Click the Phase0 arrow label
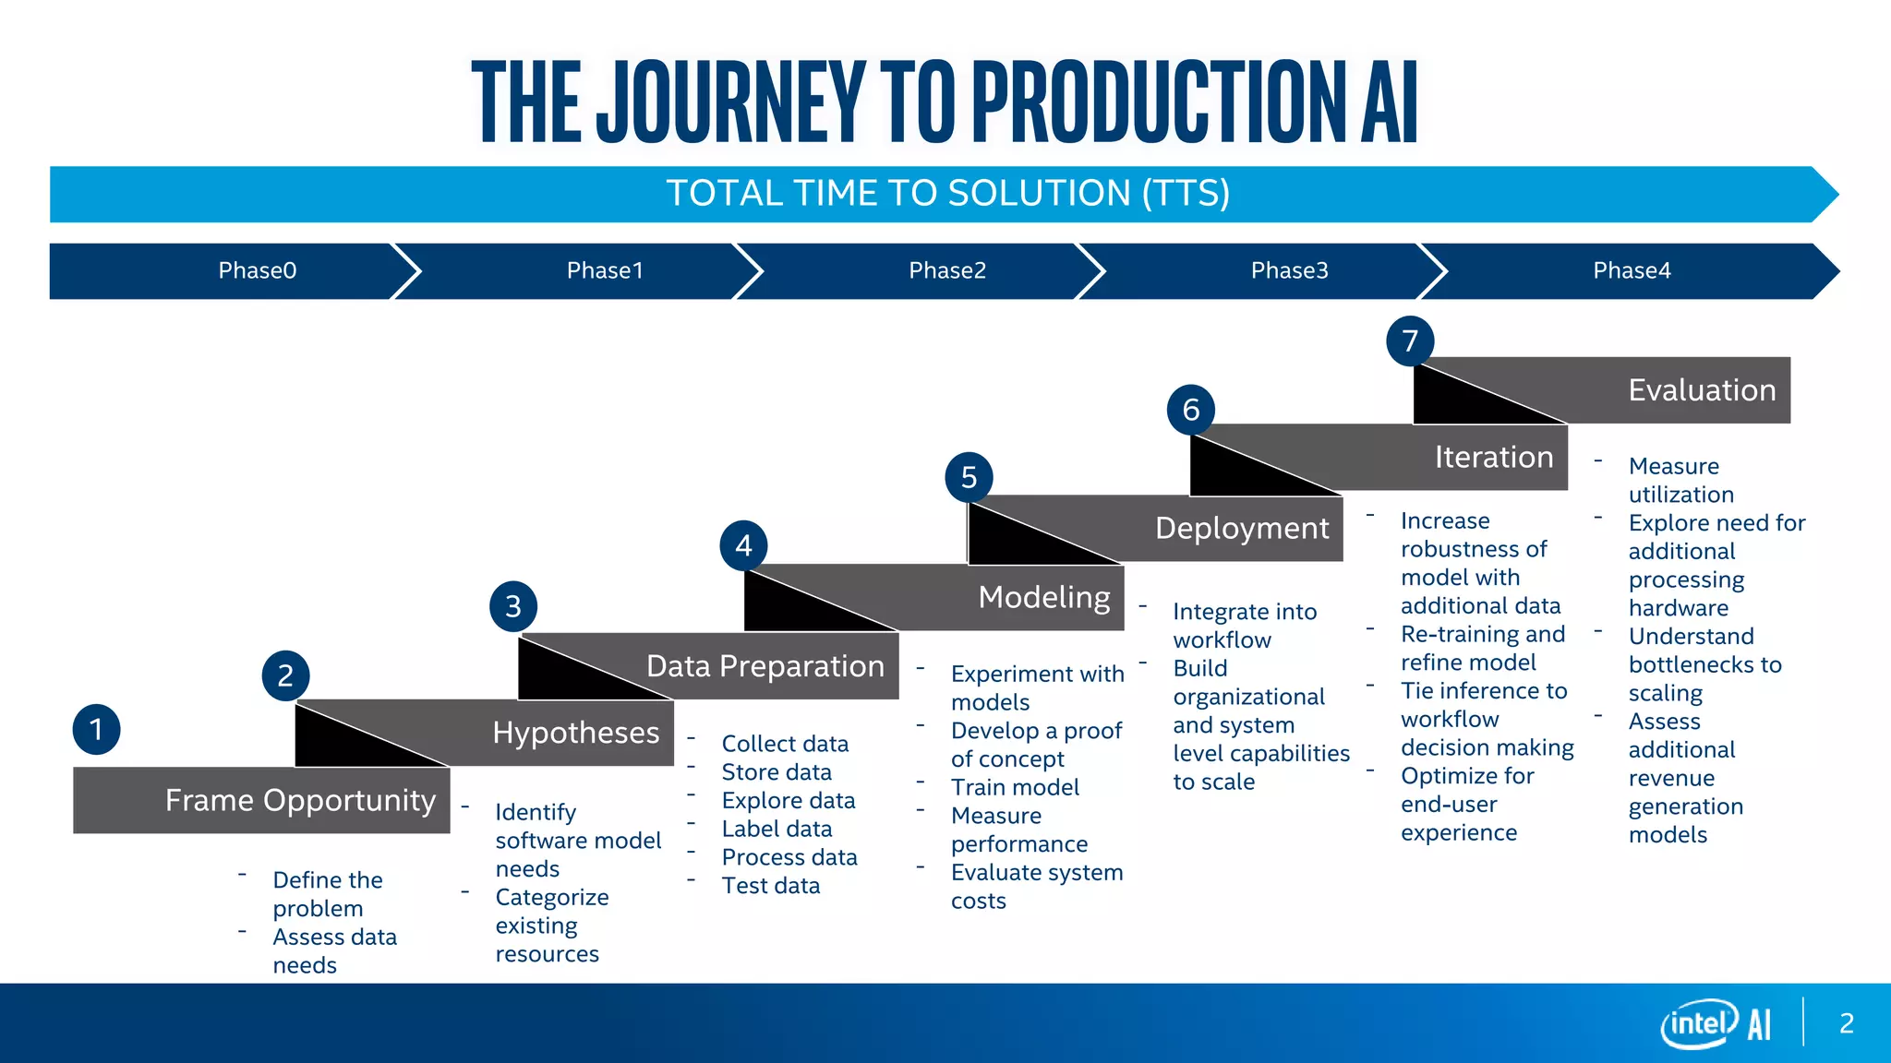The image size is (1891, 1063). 257,270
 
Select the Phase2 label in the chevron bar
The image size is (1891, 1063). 947,270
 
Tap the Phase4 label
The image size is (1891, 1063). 1632,270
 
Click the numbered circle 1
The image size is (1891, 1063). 97,730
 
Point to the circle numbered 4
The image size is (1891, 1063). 743,546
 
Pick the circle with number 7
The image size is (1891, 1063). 1410,341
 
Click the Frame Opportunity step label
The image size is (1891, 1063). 300,800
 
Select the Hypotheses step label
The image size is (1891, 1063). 575,733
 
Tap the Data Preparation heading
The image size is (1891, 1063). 765,666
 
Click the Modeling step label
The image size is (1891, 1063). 1044,597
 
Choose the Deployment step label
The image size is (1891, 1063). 1242,528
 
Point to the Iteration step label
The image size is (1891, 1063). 1493,457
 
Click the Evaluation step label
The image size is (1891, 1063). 1702,390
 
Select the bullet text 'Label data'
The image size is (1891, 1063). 777,829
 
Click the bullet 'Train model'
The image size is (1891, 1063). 1015,787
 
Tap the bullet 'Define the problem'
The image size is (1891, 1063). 327,893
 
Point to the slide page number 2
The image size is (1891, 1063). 1846,1023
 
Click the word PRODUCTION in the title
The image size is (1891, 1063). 1160,102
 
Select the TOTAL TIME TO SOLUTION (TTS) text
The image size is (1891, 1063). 947,194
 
